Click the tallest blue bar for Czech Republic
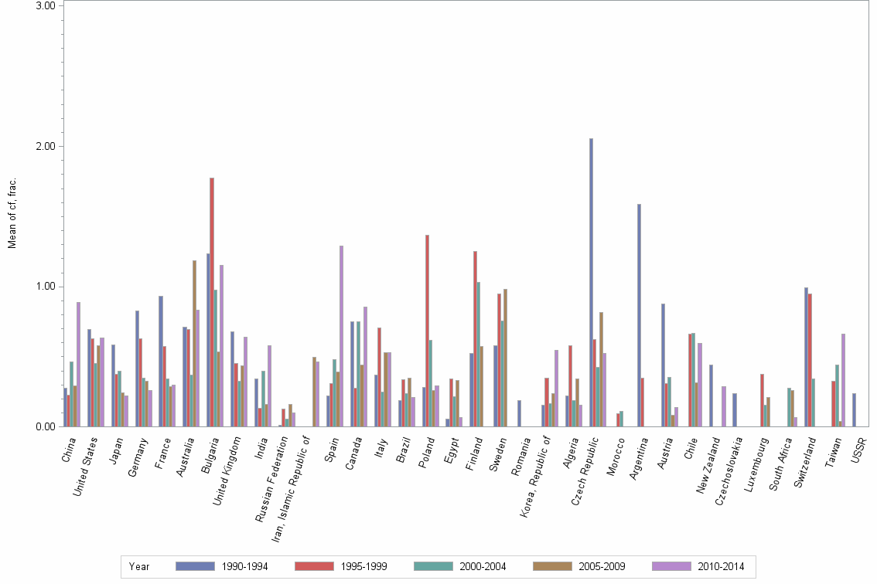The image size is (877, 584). (591, 283)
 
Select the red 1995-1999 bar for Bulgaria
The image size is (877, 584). (211, 302)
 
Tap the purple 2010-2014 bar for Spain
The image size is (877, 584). (341, 336)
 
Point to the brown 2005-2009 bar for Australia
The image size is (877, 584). (194, 343)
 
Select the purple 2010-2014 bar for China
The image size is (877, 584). (78, 364)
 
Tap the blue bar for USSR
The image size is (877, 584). (854, 409)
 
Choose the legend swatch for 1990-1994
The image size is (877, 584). (195, 566)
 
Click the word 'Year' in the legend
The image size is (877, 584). (139, 566)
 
